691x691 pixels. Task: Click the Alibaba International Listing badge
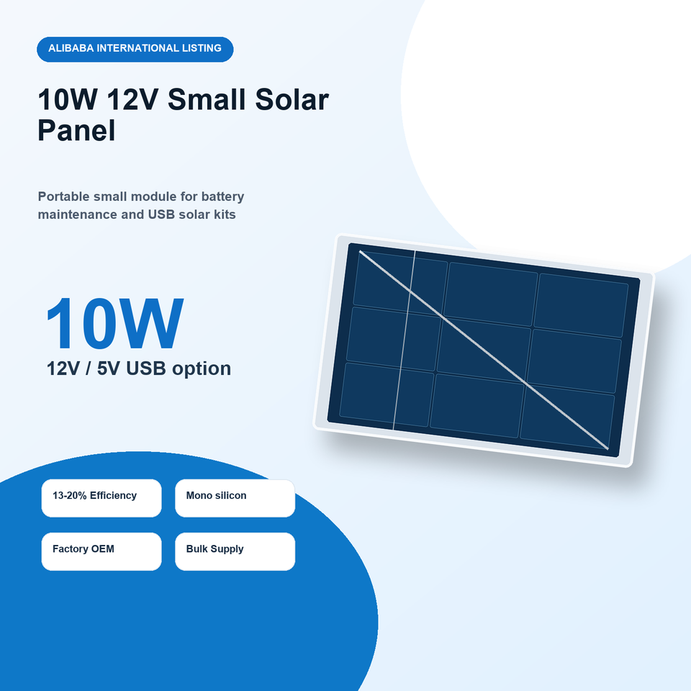tap(135, 49)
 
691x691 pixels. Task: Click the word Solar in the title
tap(292, 99)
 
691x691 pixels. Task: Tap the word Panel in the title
tap(77, 130)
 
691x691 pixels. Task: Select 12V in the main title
tap(132, 99)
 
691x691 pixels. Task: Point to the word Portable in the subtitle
tap(63, 197)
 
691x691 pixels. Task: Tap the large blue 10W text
tap(114, 323)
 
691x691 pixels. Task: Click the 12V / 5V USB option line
tap(139, 369)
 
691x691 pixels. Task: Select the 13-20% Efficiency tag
tap(101, 498)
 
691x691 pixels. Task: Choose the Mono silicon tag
tap(235, 498)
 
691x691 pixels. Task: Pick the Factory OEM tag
tap(101, 551)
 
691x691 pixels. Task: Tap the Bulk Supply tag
tap(235, 551)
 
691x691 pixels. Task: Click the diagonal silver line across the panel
tap(484, 351)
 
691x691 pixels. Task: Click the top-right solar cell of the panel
tap(581, 305)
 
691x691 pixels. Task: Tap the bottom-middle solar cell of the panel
tap(477, 405)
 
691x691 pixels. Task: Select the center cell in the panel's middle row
tap(484, 350)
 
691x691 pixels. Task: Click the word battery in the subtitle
tap(222, 197)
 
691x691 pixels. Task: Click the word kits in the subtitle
tap(225, 214)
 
